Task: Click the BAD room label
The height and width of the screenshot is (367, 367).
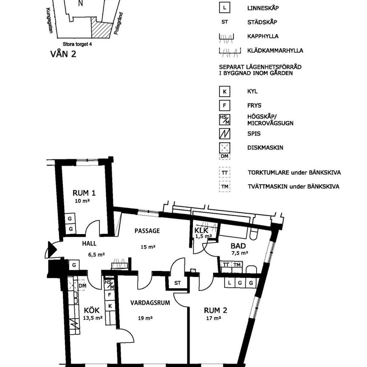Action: [x=238, y=245]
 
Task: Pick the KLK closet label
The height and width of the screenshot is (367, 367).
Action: [x=201, y=231]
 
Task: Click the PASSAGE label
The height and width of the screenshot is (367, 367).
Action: [x=147, y=231]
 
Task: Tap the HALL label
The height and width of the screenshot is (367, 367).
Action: [x=89, y=244]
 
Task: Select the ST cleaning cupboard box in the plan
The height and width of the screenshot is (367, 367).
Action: [x=178, y=283]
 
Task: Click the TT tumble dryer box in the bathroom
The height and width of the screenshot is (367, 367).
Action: [x=226, y=265]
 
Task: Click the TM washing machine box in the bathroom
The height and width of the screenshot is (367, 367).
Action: [x=237, y=265]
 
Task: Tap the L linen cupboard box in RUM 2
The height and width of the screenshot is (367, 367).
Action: [x=229, y=282]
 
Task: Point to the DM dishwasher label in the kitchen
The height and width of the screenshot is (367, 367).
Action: [x=82, y=286]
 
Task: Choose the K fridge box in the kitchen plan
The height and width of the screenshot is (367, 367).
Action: [x=110, y=305]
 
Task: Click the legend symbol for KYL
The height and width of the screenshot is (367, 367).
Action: [x=224, y=91]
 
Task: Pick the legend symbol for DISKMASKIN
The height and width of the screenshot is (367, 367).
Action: [x=224, y=148]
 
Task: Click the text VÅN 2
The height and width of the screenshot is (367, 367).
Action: [x=63, y=54]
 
